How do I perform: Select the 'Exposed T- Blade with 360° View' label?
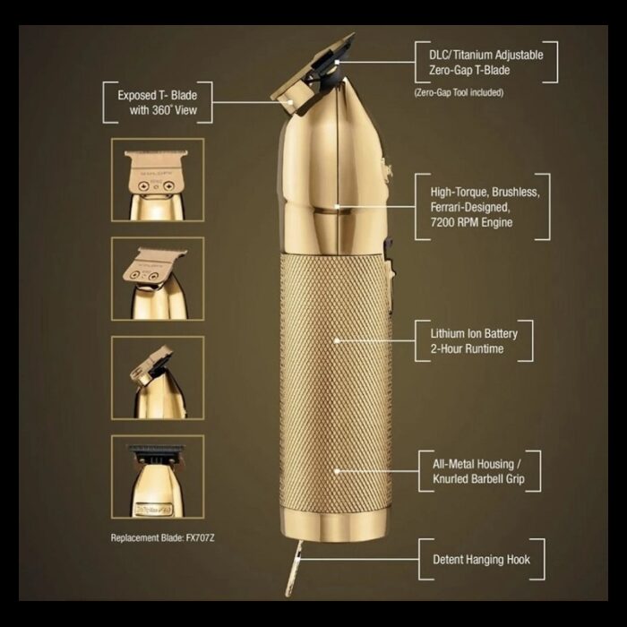(x=158, y=103)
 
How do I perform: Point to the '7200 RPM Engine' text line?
(x=466, y=222)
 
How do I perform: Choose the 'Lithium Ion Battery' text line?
(x=474, y=333)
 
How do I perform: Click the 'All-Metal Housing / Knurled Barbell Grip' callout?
(x=480, y=472)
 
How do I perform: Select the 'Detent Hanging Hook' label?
(x=482, y=560)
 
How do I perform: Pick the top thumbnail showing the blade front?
(x=158, y=180)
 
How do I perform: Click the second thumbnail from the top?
(x=158, y=279)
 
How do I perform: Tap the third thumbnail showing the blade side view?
(x=158, y=377)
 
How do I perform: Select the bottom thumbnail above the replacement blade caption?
(x=158, y=477)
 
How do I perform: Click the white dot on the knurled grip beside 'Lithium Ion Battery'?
(x=337, y=340)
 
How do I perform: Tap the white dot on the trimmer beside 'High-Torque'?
(x=338, y=205)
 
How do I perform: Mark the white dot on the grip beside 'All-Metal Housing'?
(x=337, y=470)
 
